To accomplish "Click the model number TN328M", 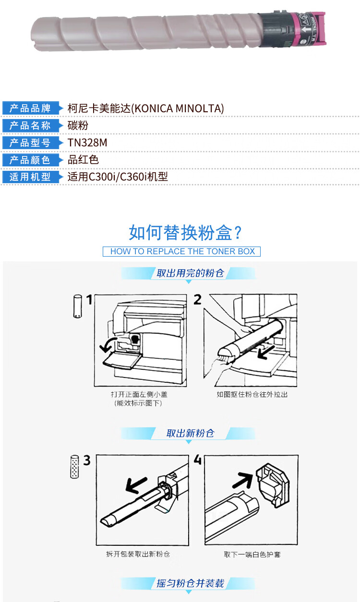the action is [x=87, y=143].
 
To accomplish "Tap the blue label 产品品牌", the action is [x=30, y=108].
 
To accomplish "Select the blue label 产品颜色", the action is [x=30, y=160].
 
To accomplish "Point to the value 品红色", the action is [x=83, y=160].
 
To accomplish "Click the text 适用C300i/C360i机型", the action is [x=118, y=177].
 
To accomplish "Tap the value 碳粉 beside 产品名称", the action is [x=78, y=126].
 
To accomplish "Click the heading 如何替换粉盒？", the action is [x=185, y=233].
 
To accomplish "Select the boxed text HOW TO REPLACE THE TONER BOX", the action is [x=182, y=251].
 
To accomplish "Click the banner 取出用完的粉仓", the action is [x=190, y=273].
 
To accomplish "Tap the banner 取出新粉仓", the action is [x=190, y=433].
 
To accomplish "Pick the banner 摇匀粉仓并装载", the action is [x=190, y=583].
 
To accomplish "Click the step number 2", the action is [x=198, y=299].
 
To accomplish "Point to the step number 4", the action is [x=198, y=460].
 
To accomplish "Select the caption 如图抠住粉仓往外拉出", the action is [x=252, y=394].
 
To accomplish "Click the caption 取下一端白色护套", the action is [x=252, y=555].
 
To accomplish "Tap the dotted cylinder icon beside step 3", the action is [x=74, y=466].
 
